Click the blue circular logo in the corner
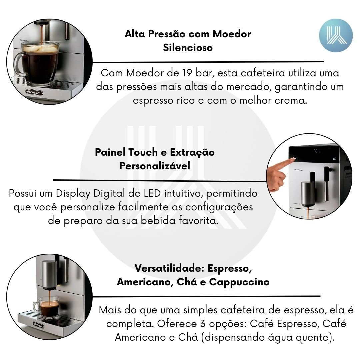pos(336,35)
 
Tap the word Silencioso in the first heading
pos(188,48)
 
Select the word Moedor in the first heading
pos(232,34)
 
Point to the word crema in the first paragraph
pos(291,100)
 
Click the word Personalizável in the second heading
pos(155,166)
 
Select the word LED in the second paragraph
pos(152,193)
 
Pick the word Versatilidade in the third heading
pos(169,268)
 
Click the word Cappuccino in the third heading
pos(239,282)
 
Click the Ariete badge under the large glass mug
pos(34,92)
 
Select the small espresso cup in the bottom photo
pos(47,307)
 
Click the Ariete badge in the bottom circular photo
pos(38,325)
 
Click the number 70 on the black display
pos(316,151)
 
